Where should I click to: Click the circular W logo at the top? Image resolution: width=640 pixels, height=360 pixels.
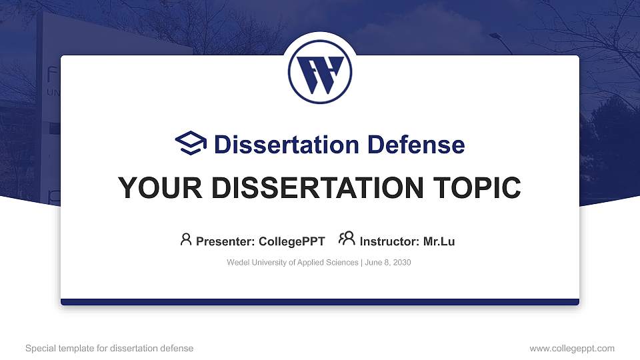pos(319,72)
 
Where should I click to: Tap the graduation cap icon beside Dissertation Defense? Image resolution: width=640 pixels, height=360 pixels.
pos(191,143)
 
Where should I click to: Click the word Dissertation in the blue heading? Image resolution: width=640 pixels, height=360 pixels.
pos(287,145)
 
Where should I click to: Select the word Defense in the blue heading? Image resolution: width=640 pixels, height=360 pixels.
pos(416,145)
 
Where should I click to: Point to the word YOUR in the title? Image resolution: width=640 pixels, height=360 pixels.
pos(160,188)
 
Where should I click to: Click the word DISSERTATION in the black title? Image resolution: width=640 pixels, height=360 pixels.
pos(317,188)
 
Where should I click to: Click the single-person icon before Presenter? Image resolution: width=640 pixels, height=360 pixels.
pos(186,239)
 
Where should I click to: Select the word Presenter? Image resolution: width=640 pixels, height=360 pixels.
pos(225,241)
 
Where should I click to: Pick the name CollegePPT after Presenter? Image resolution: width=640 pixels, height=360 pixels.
pos(292,241)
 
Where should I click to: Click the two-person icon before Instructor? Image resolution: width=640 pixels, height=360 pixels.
pos(347,239)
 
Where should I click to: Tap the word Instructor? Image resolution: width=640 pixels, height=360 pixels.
pos(389,241)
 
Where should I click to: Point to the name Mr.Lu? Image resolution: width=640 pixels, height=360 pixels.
pos(439,241)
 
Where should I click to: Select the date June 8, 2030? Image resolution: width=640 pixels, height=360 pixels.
pos(388,263)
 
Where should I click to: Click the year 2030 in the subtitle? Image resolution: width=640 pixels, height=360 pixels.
pos(402,263)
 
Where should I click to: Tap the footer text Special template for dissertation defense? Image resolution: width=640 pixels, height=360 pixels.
pos(109,348)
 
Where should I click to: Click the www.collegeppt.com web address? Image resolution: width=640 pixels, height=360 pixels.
pos(572,348)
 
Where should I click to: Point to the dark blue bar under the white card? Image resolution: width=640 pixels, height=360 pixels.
pos(320,302)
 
